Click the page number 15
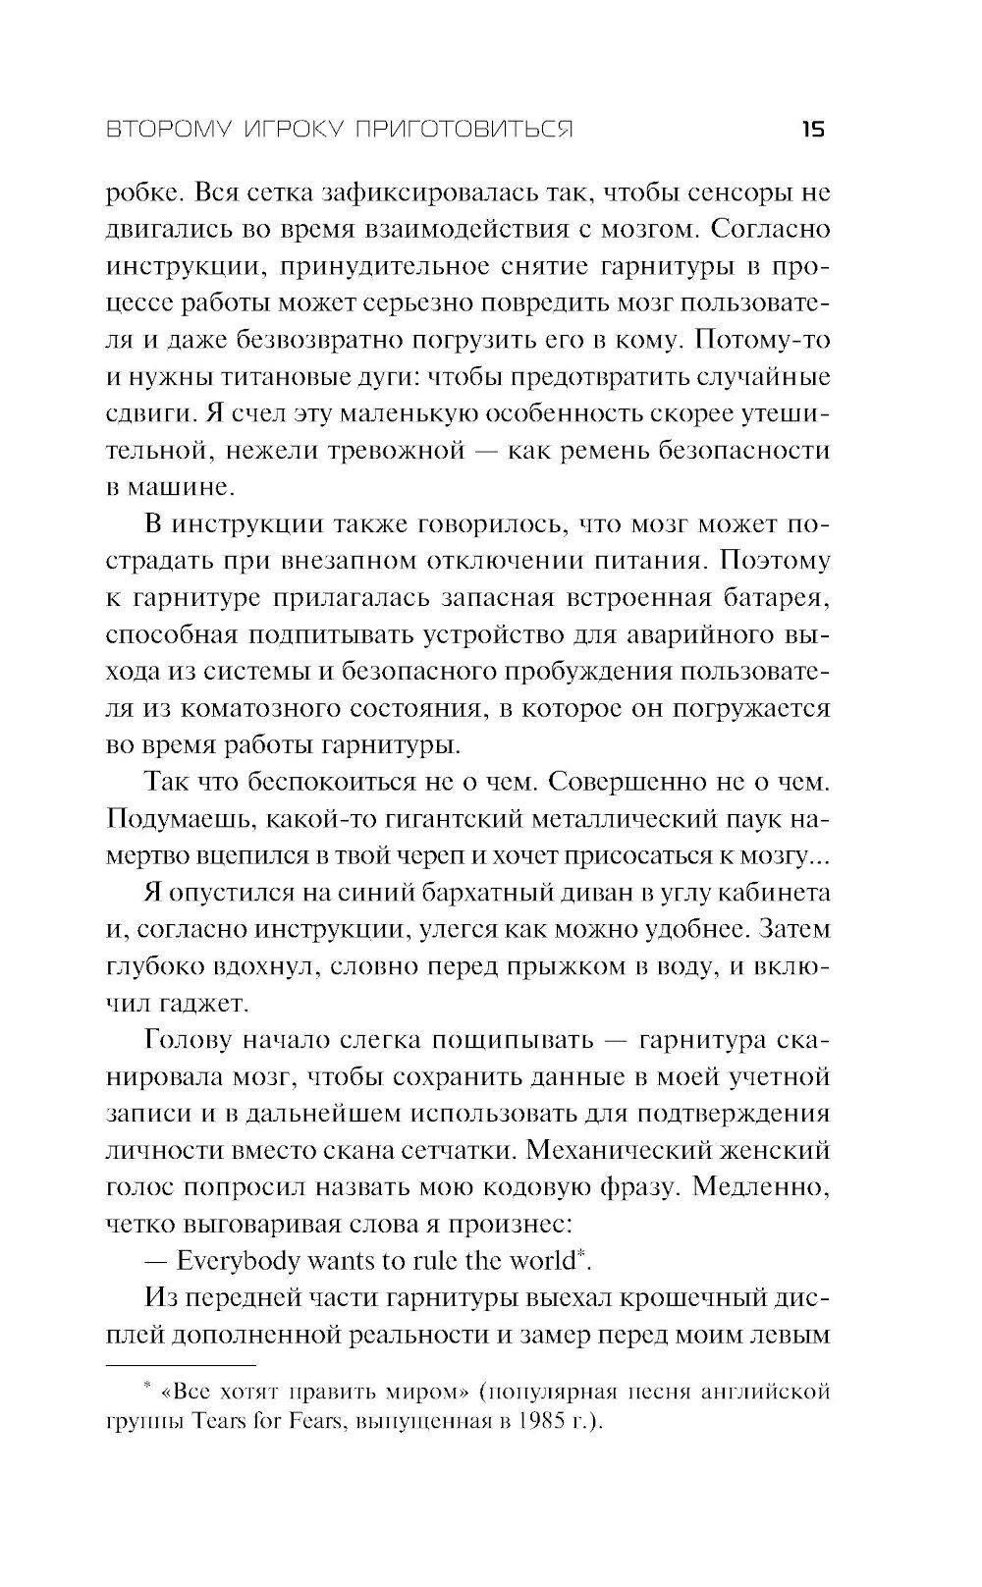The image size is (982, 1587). tap(813, 130)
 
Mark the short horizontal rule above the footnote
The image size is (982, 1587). tap(180, 1364)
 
